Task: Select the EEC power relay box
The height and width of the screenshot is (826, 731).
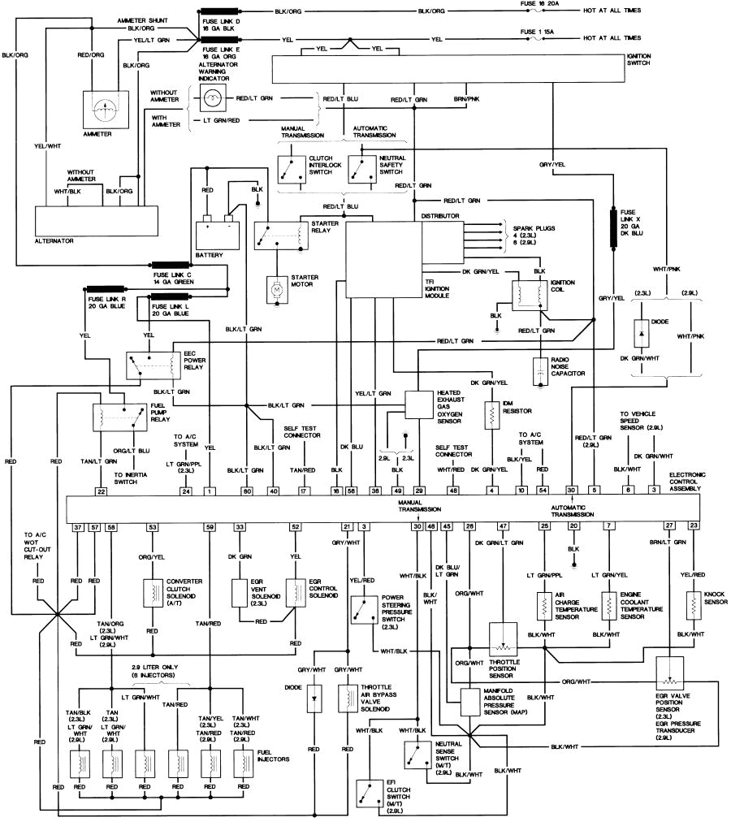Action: pyautogui.click(x=151, y=365)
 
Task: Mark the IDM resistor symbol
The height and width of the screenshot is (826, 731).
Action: pyautogui.click(x=491, y=417)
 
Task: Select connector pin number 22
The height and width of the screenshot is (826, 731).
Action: pyautogui.click(x=102, y=491)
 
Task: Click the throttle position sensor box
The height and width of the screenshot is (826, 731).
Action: pyautogui.click(x=504, y=639)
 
